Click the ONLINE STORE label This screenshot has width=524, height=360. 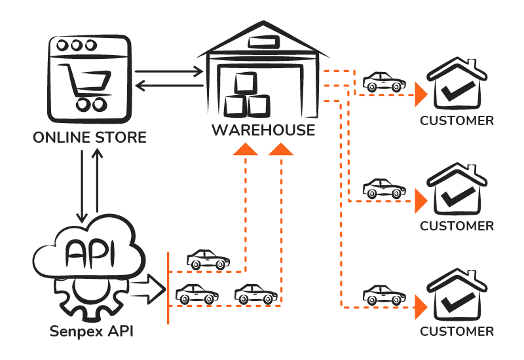pyautogui.click(x=90, y=138)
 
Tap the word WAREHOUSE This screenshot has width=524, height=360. pyautogui.click(x=263, y=130)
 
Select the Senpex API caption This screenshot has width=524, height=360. pyautogui.click(x=92, y=331)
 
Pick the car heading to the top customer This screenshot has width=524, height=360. pyautogui.click(x=384, y=82)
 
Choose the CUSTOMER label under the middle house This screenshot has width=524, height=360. pyautogui.click(x=457, y=226)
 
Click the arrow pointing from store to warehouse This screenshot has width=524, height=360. pyautogui.click(x=169, y=69)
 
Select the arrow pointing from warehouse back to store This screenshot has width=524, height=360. pyautogui.click(x=169, y=85)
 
